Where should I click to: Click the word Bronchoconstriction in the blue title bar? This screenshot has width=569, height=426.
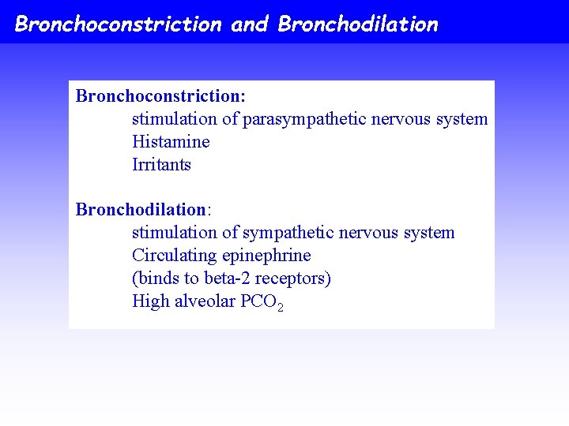[x=119, y=24]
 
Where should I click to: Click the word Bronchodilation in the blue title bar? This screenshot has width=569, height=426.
[x=358, y=24]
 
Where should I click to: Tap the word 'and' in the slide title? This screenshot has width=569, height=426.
[x=250, y=24]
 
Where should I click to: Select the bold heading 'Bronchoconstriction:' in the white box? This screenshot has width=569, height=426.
[x=160, y=96]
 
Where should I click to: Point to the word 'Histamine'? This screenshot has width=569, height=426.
[x=171, y=142]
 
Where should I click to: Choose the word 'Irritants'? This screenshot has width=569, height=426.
[x=161, y=165]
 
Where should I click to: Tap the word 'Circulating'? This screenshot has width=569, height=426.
[x=175, y=256]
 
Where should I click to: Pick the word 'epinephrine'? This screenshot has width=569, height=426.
[x=266, y=256]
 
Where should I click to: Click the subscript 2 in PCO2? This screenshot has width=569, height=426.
[x=280, y=306]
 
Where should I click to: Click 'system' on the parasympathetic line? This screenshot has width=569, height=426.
[x=462, y=120]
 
